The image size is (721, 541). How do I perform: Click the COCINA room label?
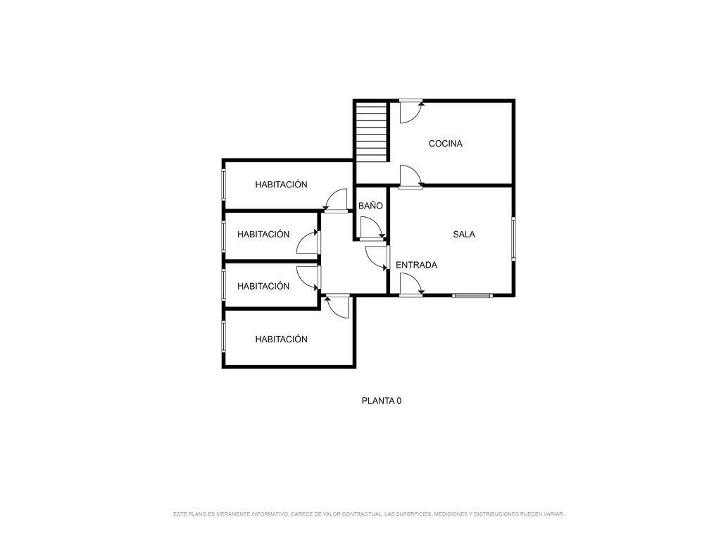(445, 144)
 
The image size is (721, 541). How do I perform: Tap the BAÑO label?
(370, 206)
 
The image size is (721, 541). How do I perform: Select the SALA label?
(464, 234)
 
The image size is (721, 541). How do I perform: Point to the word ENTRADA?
(416, 265)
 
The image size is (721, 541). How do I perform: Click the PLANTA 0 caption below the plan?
(381, 401)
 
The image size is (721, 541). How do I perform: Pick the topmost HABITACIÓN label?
(281, 185)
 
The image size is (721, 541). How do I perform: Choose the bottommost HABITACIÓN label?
(281, 339)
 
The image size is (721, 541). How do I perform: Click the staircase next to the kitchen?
(372, 132)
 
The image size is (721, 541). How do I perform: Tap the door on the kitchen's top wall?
(411, 111)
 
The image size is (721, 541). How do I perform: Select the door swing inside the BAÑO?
(372, 229)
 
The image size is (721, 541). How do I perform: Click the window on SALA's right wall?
(513, 239)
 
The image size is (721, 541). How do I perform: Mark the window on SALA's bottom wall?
(472, 296)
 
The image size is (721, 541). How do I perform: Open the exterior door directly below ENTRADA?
(411, 285)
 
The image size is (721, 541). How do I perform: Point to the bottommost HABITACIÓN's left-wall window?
(224, 337)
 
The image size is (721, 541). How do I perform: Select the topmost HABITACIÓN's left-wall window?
(224, 185)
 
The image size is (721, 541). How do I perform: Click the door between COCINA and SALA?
(411, 177)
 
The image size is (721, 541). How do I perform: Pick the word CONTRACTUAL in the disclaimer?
(363, 514)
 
